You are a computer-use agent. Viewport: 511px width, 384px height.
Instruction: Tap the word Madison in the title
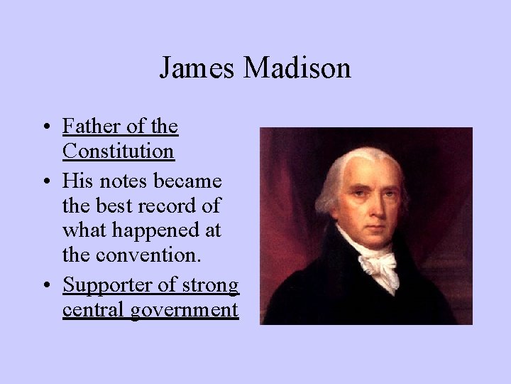(x=297, y=68)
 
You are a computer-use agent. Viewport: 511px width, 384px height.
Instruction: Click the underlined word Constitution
(x=118, y=151)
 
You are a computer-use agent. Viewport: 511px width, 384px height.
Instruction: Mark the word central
(x=94, y=310)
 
